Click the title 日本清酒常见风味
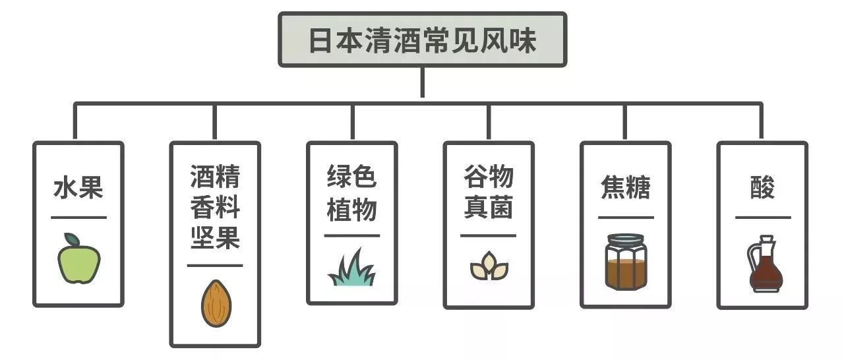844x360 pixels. [x=422, y=40]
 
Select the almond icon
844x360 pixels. [x=216, y=303]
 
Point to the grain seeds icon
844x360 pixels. [x=489, y=267]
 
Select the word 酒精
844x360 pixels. [x=215, y=177]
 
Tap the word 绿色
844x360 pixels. [x=352, y=177]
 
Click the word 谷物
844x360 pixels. [x=489, y=177]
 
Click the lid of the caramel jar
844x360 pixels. [x=626, y=239]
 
